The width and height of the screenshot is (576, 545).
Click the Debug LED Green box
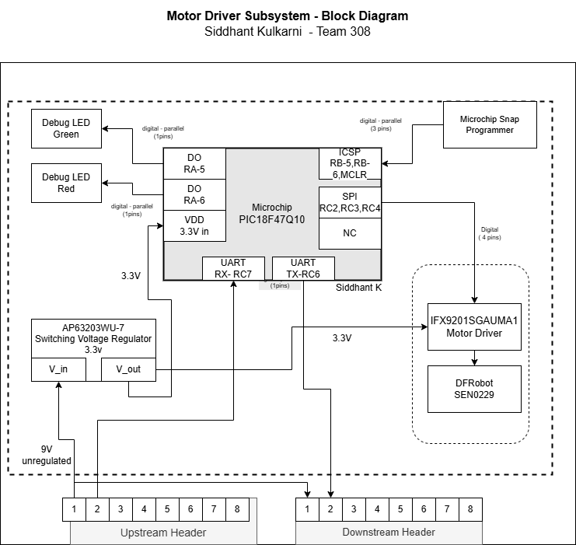(x=66, y=128)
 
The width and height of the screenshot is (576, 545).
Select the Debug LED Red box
(x=66, y=183)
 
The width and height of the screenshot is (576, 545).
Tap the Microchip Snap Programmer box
(x=490, y=124)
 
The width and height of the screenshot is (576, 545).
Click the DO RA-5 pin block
(x=194, y=163)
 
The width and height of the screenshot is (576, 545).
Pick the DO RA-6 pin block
(x=194, y=194)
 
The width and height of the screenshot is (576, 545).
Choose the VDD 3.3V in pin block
(x=194, y=225)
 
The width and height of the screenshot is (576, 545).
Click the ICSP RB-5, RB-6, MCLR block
(x=350, y=163)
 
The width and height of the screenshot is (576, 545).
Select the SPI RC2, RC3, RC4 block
(x=350, y=202)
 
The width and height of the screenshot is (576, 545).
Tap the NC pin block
(x=350, y=233)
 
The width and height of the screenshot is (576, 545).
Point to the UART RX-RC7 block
(x=233, y=268)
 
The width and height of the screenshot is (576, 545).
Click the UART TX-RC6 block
(x=303, y=268)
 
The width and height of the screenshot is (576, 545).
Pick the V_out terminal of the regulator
(x=128, y=369)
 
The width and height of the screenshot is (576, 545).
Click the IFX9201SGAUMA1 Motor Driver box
(x=474, y=327)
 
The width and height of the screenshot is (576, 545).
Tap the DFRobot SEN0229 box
(x=474, y=389)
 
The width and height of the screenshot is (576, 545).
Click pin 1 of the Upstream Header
(x=74, y=509)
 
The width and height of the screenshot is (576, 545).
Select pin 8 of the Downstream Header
(x=470, y=509)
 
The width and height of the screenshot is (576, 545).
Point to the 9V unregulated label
(x=46, y=455)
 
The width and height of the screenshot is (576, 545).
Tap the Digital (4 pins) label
(x=490, y=234)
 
